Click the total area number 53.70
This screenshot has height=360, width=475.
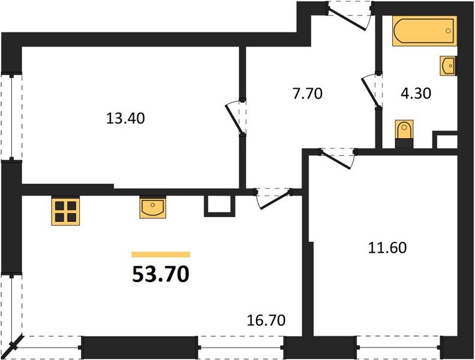161,274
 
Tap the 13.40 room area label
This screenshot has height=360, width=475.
125,118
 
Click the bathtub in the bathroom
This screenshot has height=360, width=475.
425,31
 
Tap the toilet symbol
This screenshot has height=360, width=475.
405,131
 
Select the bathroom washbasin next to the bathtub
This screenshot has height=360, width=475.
448,65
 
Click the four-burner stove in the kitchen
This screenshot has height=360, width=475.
65,211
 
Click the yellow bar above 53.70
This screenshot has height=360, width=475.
161,254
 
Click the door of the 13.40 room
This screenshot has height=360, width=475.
235,116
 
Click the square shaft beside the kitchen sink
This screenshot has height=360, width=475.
217,205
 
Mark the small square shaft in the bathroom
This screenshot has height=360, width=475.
444,142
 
